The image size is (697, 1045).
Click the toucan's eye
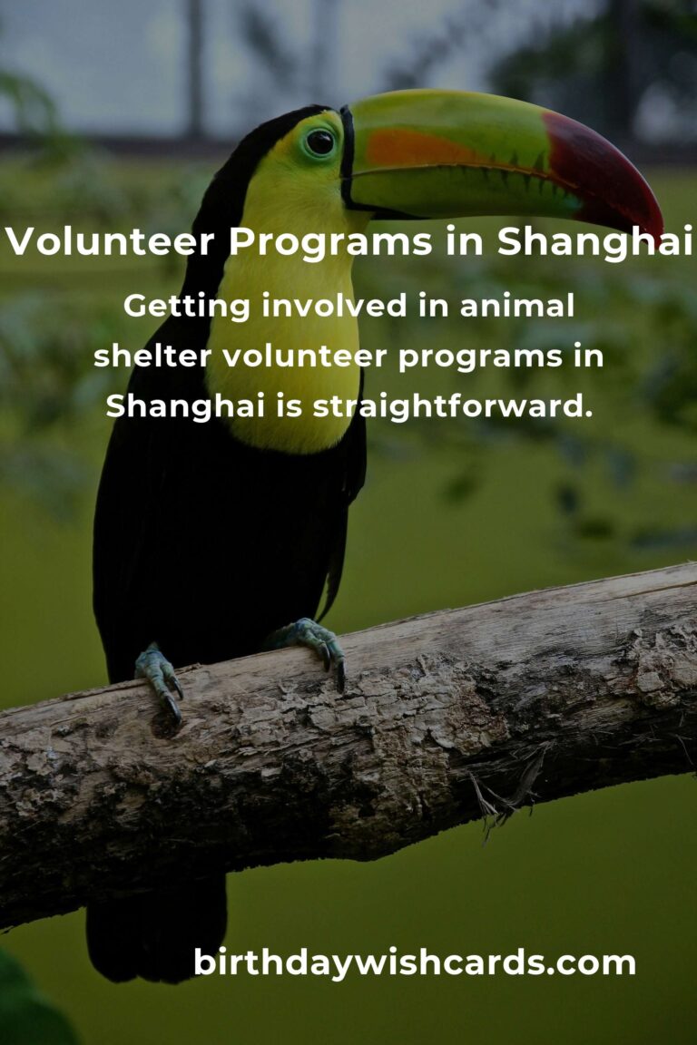click(x=320, y=142)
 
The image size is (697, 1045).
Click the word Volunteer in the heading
click(x=110, y=241)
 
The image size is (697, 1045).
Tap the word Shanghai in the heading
click(x=595, y=241)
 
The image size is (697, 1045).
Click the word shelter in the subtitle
click(x=152, y=356)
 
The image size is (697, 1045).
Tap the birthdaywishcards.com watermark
click(x=414, y=962)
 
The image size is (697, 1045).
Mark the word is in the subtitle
click(x=289, y=405)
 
